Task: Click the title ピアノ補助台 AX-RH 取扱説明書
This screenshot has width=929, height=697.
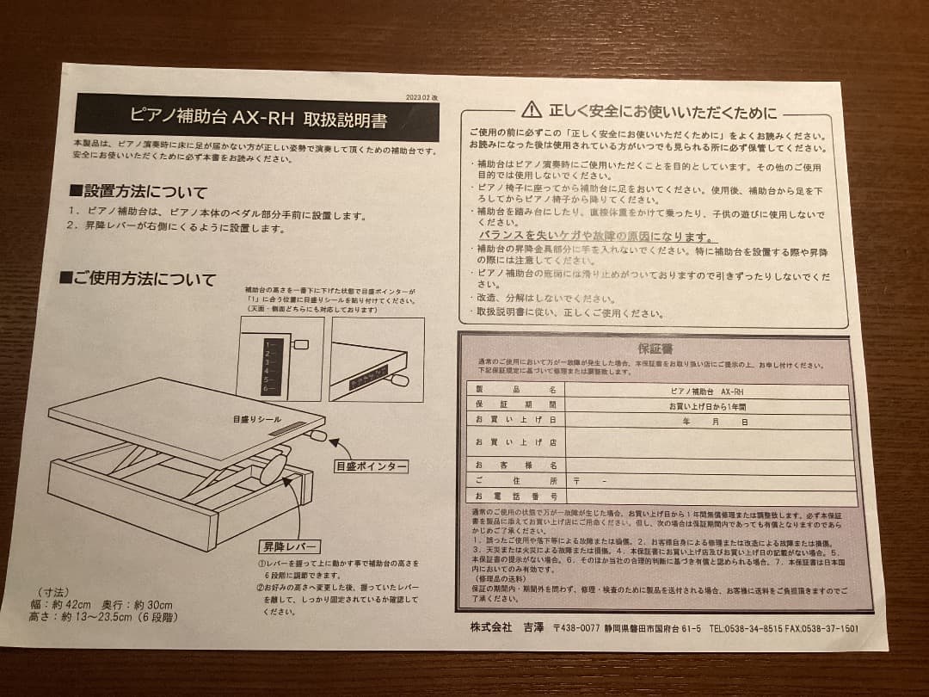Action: [257, 117]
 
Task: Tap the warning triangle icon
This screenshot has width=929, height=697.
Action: [532, 109]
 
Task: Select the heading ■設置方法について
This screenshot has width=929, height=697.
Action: [138, 191]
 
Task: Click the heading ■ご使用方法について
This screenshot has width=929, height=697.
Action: [138, 279]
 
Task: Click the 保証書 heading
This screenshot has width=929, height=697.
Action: [655, 348]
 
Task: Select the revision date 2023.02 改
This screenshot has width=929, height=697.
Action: [421, 99]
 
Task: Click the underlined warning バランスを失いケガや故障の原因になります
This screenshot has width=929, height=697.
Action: [599, 237]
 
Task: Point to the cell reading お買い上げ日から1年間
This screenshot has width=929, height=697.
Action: [708, 404]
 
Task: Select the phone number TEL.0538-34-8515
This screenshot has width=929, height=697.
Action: [746, 628]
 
